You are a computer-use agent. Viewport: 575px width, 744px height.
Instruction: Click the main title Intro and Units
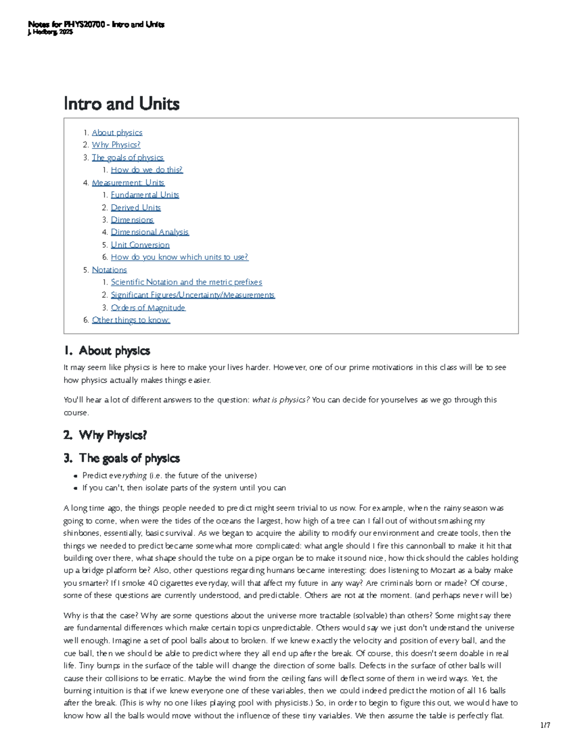click(122, 104)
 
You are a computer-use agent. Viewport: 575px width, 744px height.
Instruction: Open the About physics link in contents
click(117, 133)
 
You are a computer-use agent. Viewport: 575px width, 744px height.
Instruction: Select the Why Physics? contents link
click(116, 145)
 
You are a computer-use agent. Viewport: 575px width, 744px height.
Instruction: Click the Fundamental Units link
click(145, 195)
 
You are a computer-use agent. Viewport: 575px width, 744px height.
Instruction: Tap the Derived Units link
click(136, 207)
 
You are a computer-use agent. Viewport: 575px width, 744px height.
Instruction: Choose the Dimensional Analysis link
click(149, 232)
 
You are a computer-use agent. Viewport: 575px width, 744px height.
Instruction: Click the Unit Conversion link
click(140, 245)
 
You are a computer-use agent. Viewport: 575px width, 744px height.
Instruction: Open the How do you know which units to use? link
click(179, 257)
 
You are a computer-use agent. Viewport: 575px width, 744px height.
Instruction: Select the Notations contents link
click(109, 270)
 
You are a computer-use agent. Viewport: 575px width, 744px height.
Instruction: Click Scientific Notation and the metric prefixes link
click(186, 282)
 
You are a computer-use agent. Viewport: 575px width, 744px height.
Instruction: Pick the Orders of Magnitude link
click(148, 308)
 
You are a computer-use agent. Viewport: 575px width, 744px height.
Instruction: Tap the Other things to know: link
click(131, 320)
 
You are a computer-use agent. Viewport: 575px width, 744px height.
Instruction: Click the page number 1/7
click(545, 725)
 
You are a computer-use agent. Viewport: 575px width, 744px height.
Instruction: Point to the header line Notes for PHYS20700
click(96, 24)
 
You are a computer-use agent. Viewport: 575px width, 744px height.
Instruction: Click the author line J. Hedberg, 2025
click(50, 32)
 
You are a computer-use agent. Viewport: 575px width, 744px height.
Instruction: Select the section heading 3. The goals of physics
click(122, 458)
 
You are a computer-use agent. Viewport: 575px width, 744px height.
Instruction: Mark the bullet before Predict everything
click(76, 476)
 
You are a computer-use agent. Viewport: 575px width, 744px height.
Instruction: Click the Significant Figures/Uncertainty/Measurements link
click(193, 295)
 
